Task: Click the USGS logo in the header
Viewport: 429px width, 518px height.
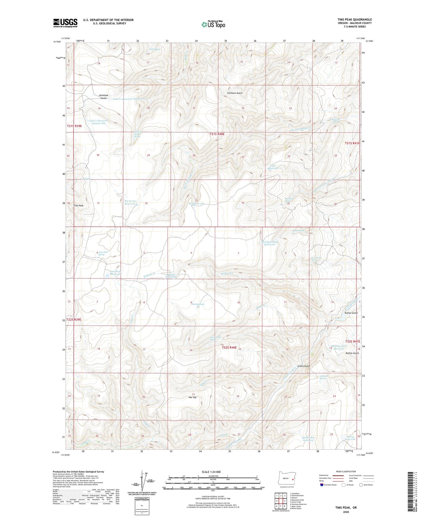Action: coord(65,23)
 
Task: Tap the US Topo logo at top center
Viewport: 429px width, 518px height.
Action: coord(213,24)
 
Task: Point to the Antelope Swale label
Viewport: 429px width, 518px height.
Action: coord(103,96)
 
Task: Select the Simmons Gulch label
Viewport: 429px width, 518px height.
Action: coord(235,93)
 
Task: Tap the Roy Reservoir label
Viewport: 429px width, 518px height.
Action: coord(197,204)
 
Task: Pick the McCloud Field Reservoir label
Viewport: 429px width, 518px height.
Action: coord(270,243)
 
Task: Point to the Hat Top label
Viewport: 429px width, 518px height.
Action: coord(192,397)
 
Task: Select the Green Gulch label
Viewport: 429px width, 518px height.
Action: coord(304,366)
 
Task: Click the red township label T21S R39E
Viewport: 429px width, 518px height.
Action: coord(74,126)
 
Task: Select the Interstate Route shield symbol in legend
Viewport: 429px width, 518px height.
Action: coord(322,485)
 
